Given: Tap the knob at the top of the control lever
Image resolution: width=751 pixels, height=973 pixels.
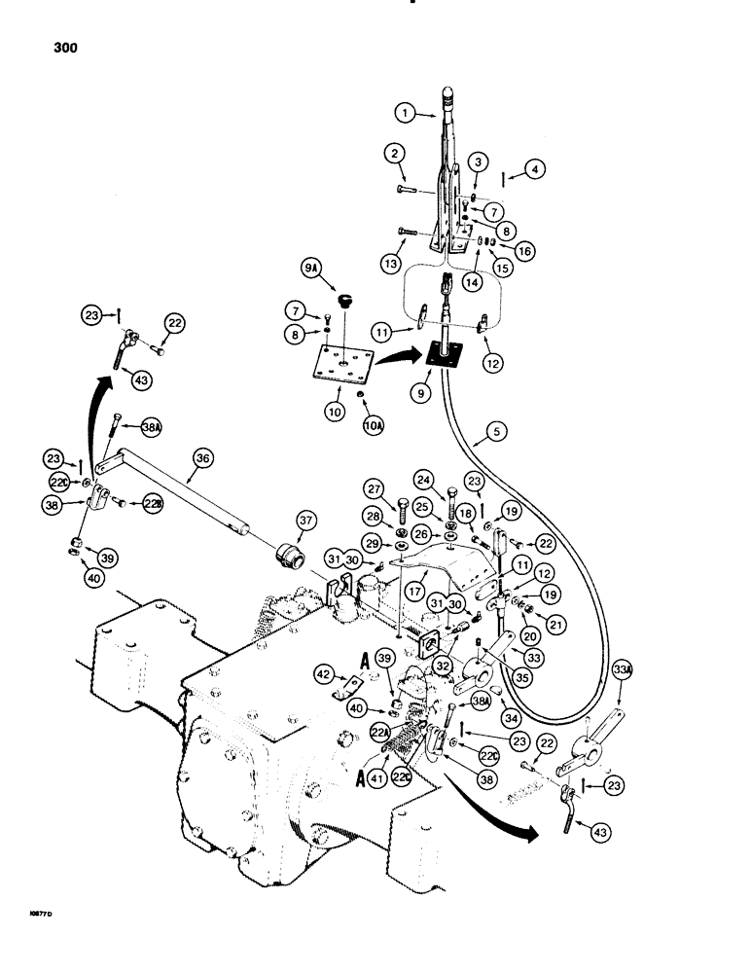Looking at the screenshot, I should [x=448, y=93].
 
